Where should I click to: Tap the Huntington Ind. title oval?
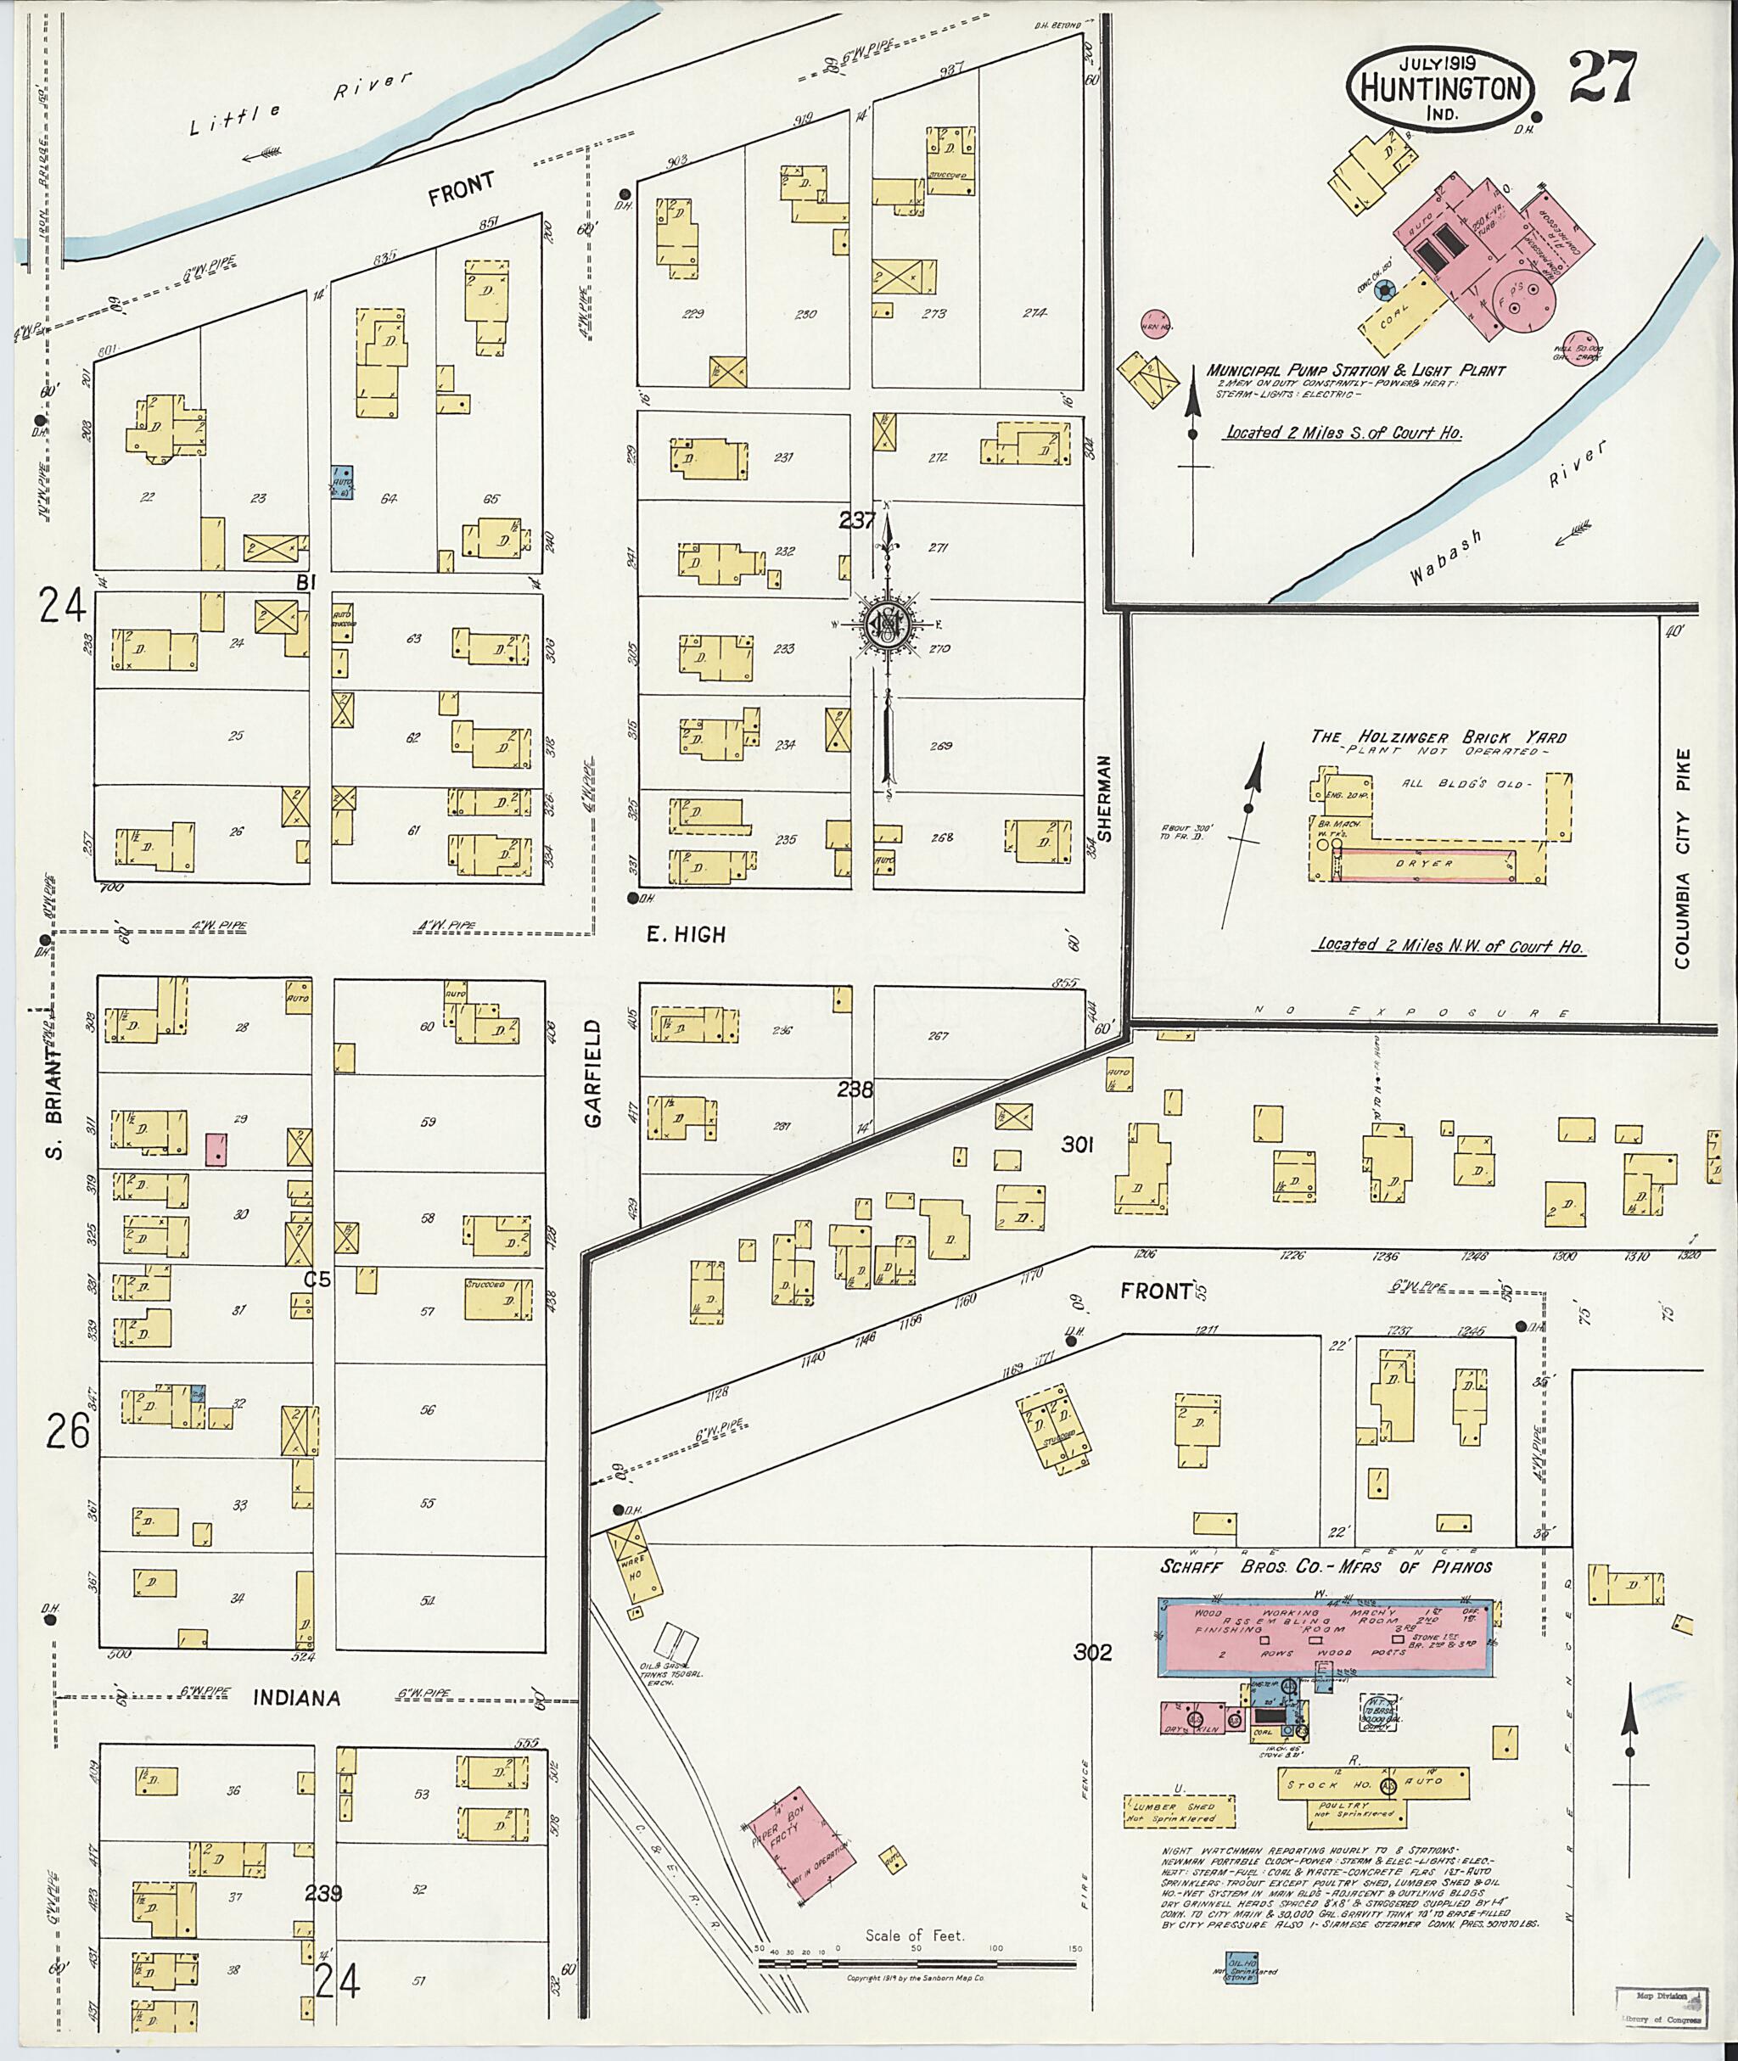pyautogui.click(x=1439, y=87)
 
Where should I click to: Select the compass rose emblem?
pyautogui.click(x=888, y=624)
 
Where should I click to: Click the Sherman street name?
pyautogui.click(x=1103, y=798)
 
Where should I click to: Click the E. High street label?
pyautogui.click(x=686, y=934)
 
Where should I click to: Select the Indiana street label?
pyautogui.click(x=296, y=1698)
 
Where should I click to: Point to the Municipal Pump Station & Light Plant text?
pyautogui.click(x=1356, y=371)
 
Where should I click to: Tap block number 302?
pyautogui.click(x=1094, y=1652)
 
